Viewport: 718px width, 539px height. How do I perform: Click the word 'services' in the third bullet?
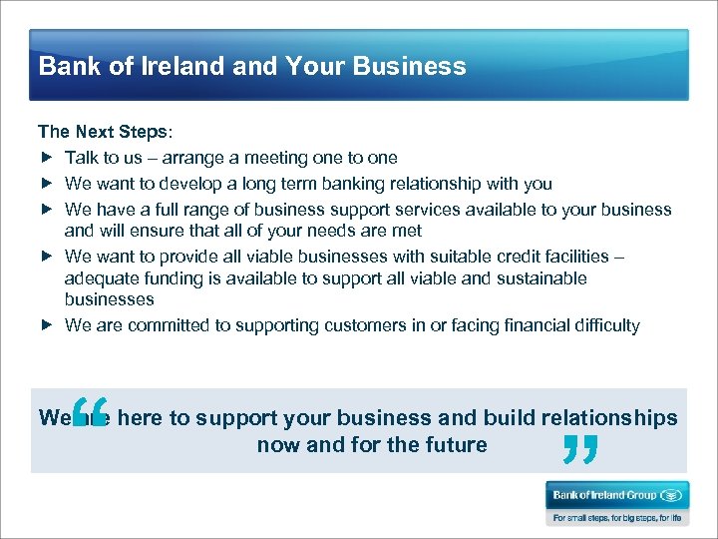pyautogui.click(x=427, y=210)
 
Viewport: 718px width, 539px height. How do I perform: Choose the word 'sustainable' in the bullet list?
pyautogui.click(x=543, y=278)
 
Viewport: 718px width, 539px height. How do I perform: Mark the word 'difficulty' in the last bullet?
pyautogui.click(x=605, y=325)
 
